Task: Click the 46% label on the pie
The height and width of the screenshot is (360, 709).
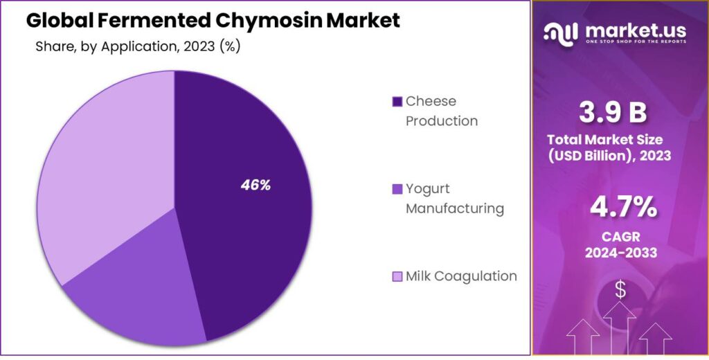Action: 255,186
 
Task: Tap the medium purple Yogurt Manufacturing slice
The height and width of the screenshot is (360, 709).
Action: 138,291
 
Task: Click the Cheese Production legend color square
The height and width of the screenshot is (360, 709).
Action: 397,102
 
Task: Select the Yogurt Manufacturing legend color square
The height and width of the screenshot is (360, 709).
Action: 397,189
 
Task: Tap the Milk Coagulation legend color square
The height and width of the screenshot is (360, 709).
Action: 397,277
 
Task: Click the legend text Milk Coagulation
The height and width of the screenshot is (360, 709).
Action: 461,276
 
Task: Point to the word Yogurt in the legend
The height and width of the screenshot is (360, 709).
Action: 428,189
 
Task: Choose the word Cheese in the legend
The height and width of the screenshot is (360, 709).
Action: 431,101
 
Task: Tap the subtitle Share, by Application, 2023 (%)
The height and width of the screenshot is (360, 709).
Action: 138,47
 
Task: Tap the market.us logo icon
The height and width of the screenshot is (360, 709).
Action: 561,33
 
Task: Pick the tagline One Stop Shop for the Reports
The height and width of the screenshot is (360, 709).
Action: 636,42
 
